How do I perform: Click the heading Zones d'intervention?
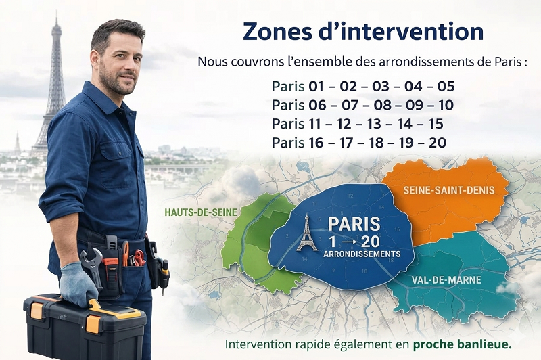coord(362,31)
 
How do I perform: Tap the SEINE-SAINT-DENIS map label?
coord(446,191)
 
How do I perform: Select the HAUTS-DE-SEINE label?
coord(201,212)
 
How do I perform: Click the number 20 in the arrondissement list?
coord(438,143)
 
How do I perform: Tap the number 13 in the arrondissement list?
coord(375,124)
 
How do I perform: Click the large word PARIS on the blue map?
coord(354,224)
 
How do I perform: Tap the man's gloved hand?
coord(77,284)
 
